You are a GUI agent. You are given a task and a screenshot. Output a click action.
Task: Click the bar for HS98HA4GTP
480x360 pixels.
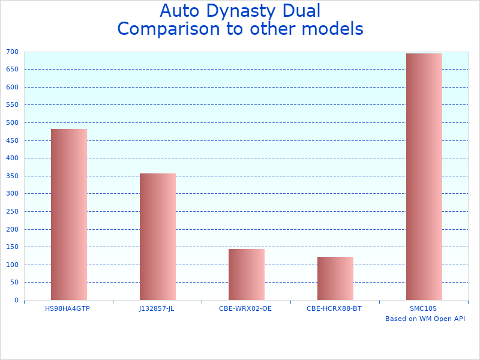click(68, 214)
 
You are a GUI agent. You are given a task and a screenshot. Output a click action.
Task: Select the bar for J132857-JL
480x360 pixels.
click(157, 236)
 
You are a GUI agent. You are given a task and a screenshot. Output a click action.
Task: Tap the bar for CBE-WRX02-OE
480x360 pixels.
click(246, 274)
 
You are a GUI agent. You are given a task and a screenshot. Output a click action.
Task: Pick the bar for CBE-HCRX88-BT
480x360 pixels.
click(335, 278)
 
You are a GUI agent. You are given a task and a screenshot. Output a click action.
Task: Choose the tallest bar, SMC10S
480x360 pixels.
click(424, 176)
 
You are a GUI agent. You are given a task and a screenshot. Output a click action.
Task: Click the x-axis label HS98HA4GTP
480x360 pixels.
click(68, 308)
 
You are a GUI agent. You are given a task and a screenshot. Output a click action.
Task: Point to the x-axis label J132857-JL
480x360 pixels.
click(157, 308)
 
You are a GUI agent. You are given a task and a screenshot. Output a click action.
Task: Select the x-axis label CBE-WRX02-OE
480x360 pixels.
click(245, 308)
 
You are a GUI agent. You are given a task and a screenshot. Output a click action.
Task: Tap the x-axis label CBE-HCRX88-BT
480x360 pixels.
click(334, 308)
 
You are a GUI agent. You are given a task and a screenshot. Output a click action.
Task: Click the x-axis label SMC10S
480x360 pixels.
click(424, 308)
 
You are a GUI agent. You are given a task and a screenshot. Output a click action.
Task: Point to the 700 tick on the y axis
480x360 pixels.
click(13, 52)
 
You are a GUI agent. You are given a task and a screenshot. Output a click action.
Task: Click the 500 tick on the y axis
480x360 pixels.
click(13, 123)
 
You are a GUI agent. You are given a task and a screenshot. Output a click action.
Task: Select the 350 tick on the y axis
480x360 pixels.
click(13, 176)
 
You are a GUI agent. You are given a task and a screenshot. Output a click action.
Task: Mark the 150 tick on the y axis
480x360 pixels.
click(13, 247)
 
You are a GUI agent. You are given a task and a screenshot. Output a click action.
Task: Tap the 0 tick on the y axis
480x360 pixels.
click(16, 301)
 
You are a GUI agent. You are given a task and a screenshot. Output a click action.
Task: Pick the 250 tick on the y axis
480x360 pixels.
click(13, 212)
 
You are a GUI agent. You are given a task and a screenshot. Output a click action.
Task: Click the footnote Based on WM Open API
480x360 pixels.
click(425, 319)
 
